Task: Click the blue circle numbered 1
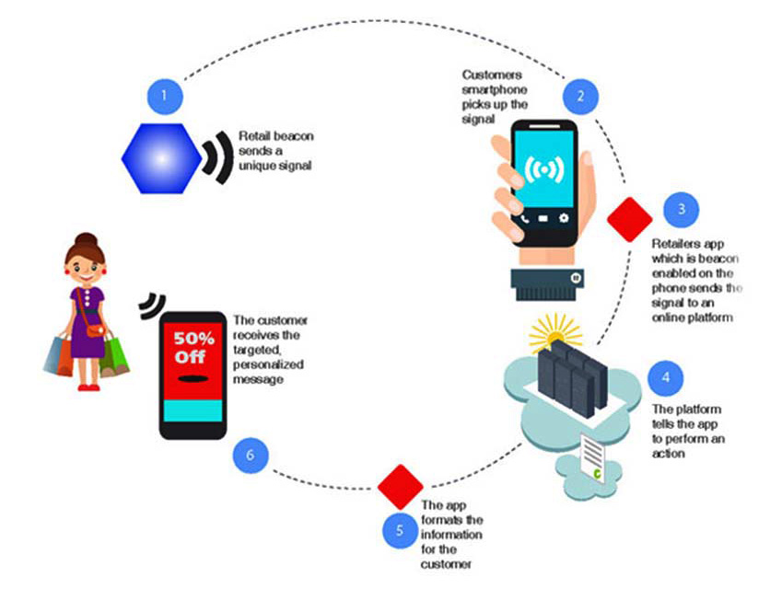pyautogui.click(x=164, y=95)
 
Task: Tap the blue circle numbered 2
pyautogui.click(x=580, y=95)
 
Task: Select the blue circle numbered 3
pyautogui.click(x=681, y=210)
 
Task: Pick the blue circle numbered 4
pyautogui.click(x=665, y=377)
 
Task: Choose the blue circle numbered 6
pyautogui.click(x=251, y=453)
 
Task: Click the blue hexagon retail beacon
pyautogui.click(x=162, y=158)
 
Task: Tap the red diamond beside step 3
pyautogui.click(x=630, y=218)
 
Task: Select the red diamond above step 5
pyautogui.click(x=401, y=486)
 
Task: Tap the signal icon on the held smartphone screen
pyautogui.click(x=543, y=172)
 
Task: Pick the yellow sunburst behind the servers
pyautogui.click(x=556, y=330)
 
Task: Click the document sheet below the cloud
pyautogui.click(x=595, y=456)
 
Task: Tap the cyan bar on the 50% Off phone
pyautogui.click(x=193, y=409)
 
